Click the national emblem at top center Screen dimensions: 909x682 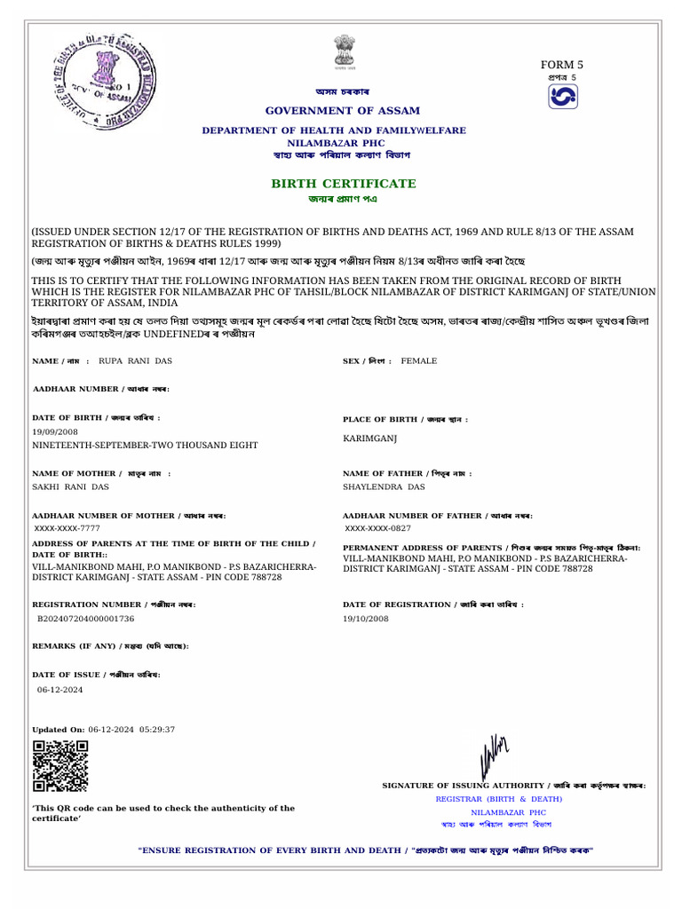pyautogui.click(x=342, y=51)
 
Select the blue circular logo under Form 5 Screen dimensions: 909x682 pyautogui.click(x=562, y=99)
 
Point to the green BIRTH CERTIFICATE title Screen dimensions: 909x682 pyautogui.click(x=343, y=183)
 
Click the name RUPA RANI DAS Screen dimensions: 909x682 pyautogui.click(x=134, y=361)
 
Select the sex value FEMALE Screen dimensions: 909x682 pyautogui.click(x=419, y=361)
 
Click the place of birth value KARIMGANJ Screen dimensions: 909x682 pyautogui.click(x=368, y=439)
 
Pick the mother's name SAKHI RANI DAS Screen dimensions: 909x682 pyautogui.click(x=71, y=487)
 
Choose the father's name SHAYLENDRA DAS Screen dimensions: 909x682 pyautogui.click(x=384, y=487)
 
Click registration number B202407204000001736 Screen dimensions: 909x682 pyautogui.click(x=86, y=618)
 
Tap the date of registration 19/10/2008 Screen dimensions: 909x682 pyautogui.click(x=366, y=618)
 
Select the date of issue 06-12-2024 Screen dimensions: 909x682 pyautogui.click(x=60, y=689)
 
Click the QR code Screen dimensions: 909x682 pyautogui.click(x=60, y=765)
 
